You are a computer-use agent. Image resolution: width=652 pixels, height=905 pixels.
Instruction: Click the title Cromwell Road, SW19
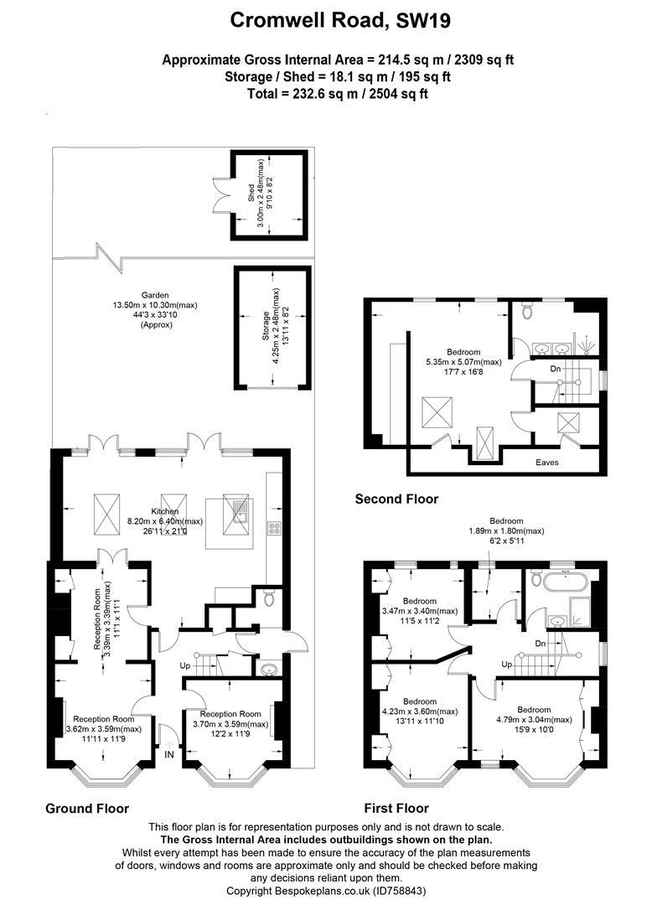point(326,20)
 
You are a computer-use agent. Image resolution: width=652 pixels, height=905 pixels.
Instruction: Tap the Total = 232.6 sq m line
point(326,94)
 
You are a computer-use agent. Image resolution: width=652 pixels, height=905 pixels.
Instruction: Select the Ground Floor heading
point(87,809)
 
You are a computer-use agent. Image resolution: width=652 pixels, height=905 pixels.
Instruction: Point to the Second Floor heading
point(396,499)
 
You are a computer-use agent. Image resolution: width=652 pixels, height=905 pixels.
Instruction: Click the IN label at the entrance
point(170,754)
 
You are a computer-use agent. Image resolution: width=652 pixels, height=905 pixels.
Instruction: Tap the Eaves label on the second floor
point(548,462)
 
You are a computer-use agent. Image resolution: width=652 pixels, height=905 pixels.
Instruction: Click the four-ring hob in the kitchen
point(273,527)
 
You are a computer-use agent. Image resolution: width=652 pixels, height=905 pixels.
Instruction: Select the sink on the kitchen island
point(240,511)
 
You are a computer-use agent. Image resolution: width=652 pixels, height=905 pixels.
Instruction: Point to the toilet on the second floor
point(526,312)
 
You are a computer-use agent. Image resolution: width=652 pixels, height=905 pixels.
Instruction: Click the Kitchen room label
point(164,511)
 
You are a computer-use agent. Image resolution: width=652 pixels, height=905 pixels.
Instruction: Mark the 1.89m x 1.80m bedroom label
point(505,531)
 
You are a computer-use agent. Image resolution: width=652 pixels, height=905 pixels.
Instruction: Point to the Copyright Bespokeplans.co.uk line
point(325,890)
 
